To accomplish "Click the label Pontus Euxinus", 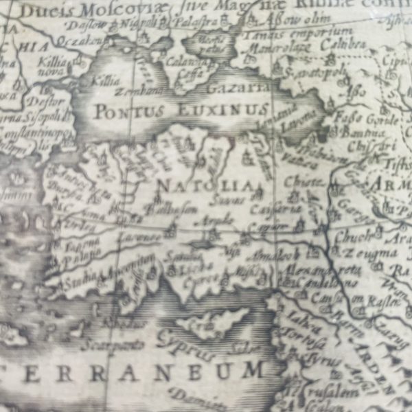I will [179, 110].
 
